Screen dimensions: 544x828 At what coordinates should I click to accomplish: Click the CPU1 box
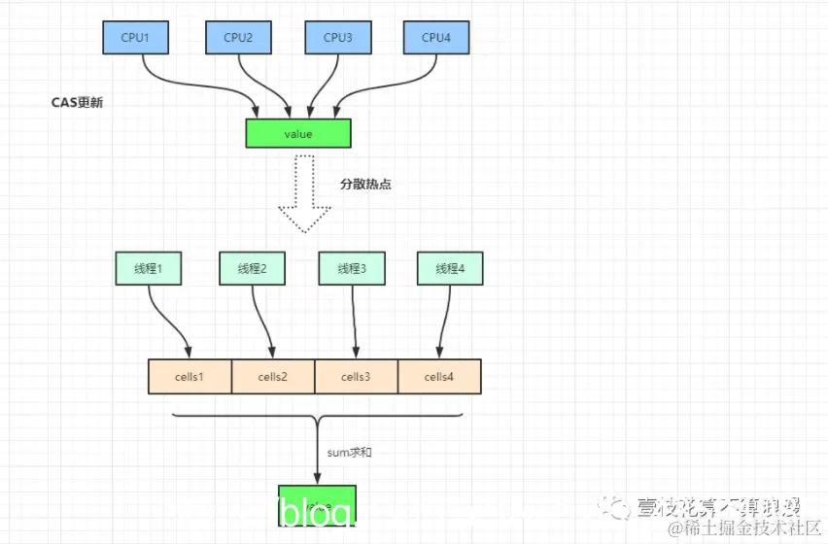coord(137,37)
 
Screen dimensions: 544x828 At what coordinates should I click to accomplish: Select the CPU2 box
coord(238,37)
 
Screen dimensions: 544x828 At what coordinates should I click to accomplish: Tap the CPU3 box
coord(337,37)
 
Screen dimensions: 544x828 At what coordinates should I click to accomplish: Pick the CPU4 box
coord(436,37)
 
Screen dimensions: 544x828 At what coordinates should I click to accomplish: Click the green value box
coord(298,132)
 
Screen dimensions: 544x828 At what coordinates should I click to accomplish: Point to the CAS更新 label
coord(77,102)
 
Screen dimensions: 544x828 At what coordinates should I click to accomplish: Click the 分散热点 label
coord(365,183)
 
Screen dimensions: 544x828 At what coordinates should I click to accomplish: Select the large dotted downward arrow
coord(304,193)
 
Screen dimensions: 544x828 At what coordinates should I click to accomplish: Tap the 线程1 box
coord(148,269)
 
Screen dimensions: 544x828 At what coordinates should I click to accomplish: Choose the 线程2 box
coord(252,269)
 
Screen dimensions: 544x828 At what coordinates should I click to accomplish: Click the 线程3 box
coord(351,269)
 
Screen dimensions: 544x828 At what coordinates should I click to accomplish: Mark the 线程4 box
coord(450,269)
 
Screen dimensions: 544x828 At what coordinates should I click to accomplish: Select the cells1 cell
coord(190,376)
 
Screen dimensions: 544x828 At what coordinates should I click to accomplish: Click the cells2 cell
coord(273,376)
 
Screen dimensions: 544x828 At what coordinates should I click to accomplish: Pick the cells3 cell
coord(356,376)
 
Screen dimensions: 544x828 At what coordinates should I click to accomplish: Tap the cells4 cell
coord(439,376)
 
